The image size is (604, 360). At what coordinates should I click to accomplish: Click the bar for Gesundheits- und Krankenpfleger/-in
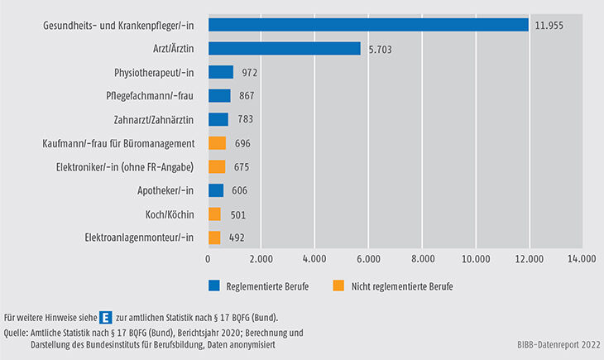[x=368, y=25]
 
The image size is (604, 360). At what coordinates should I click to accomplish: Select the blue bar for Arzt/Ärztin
[x=285, y=49]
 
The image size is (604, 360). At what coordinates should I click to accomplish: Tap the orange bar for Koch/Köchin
[x=214, y=214]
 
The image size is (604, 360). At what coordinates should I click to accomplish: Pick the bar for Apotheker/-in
[x=216, y=190]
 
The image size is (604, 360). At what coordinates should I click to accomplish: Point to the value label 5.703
[x=380, y=49]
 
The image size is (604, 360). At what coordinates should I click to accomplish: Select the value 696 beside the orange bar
[x=242, y=143]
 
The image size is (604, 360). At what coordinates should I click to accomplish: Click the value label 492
[x=237, y=238]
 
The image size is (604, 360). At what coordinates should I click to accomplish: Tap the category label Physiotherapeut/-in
[x=156, y=73]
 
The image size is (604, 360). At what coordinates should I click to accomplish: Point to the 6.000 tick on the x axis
[x=368, y=258]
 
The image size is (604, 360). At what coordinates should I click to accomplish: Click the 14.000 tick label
[x=582, y=258]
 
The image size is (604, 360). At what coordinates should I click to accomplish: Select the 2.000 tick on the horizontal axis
[x=261, y=258]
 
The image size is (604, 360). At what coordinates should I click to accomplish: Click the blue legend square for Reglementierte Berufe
[x=213, y=286]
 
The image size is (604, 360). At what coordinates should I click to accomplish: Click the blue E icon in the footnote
[x=106, y=317]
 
